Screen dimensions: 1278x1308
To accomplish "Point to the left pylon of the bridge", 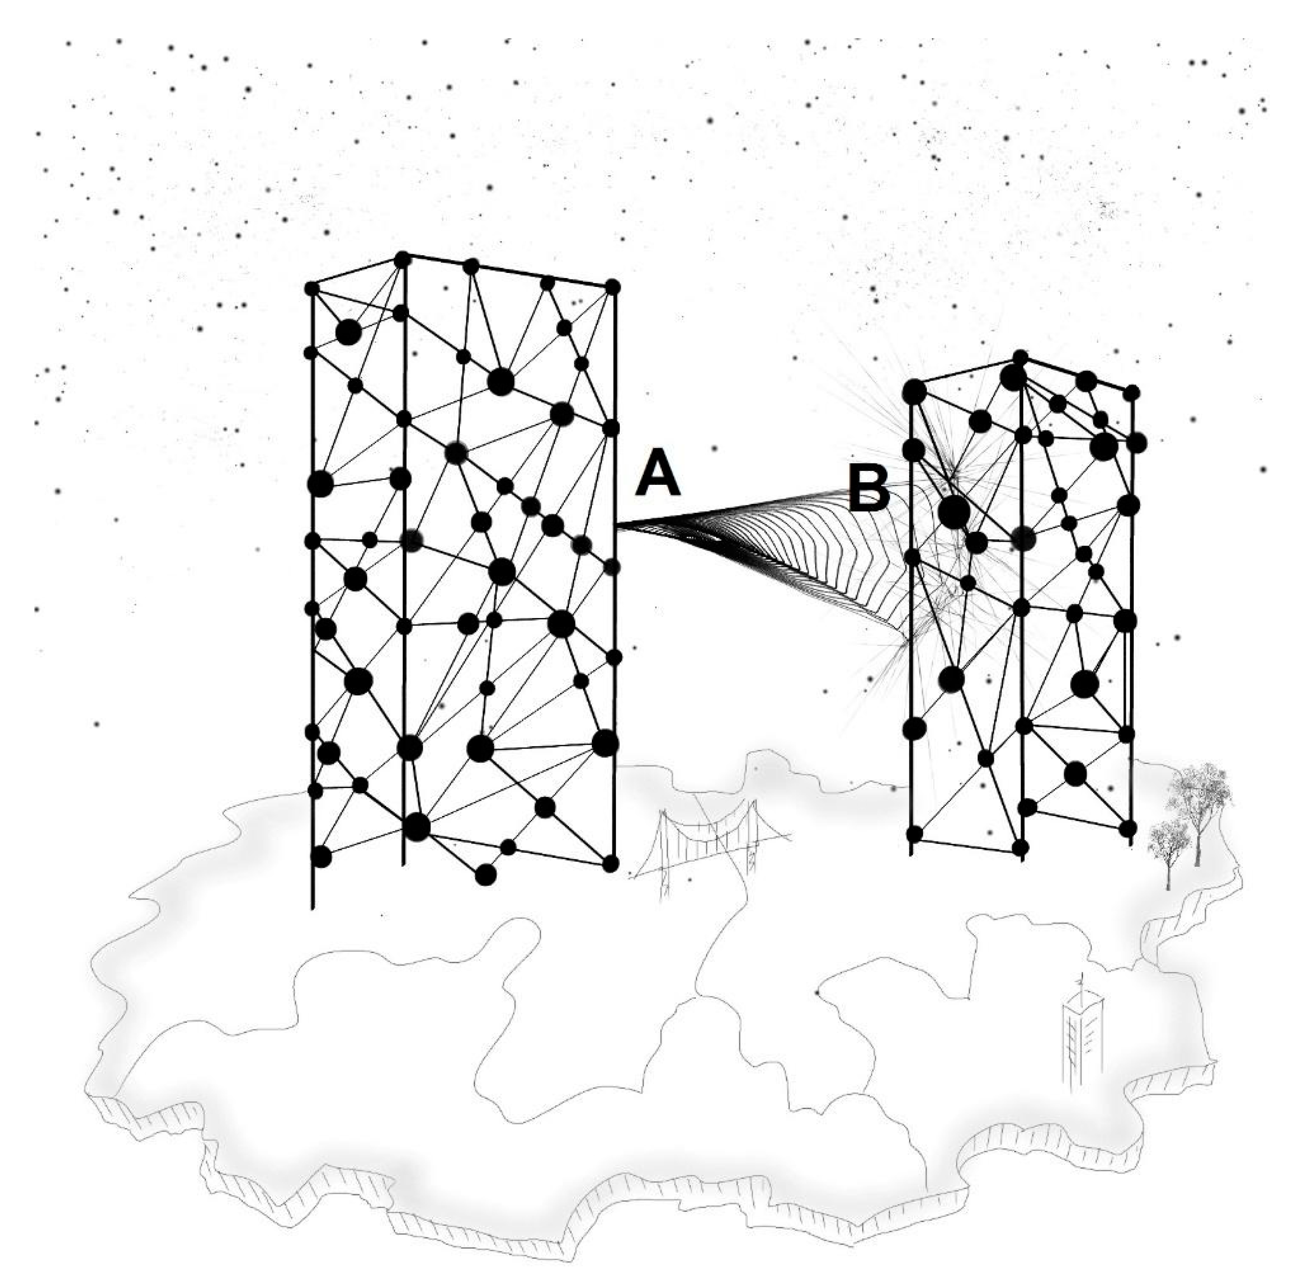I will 664,852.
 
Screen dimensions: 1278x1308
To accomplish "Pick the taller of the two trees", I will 1198,805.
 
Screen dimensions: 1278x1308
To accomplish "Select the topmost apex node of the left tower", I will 402,259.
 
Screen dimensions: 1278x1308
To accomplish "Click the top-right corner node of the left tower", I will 612,286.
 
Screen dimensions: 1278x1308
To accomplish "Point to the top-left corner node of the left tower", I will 311,288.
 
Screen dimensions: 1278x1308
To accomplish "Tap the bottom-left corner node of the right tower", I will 915,834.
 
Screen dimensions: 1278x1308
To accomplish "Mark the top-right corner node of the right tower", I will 1132,392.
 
